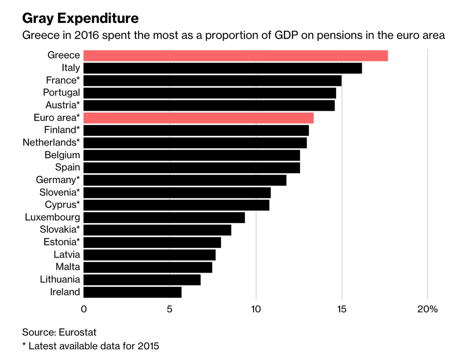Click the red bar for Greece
coord(235,55)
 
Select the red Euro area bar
coord(198,118)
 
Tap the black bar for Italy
coord(222,68)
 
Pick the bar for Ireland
coord(132,292)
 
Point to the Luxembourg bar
coord(164,217)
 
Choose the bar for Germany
coord(184,180)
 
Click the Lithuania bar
coord(142,280)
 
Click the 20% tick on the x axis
coord(427,309)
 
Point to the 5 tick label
coord(170,309)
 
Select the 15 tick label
coord(341,309)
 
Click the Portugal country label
coord(61,92)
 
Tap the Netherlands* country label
coord(51,143)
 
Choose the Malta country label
coord(67,267)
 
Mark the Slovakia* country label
coord(60,230)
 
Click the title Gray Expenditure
coord(80,18)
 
